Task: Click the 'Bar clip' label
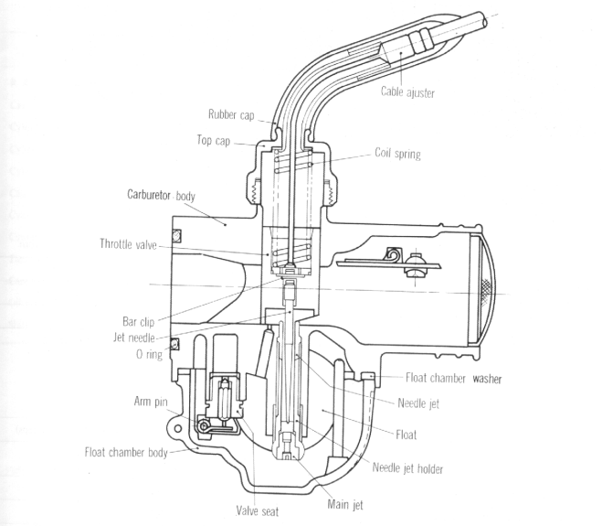pyautogui.click(x=142, y=321)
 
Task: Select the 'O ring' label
pyautogui.click(x=148, y=354)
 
